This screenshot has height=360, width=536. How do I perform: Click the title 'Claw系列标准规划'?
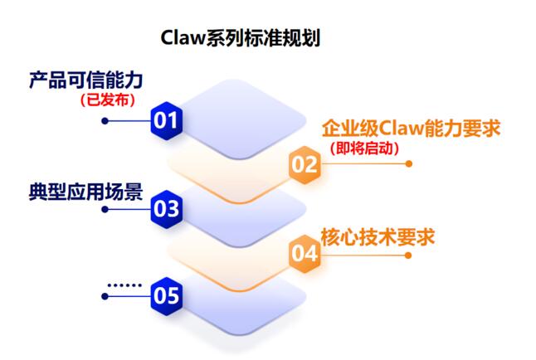click(241, 39)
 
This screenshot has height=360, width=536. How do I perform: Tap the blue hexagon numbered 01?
click(167, 120)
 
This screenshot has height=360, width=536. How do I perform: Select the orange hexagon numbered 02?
click(305, 164)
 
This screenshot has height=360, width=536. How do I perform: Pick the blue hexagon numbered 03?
click(167, 208)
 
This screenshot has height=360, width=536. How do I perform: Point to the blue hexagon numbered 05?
click(167, 294)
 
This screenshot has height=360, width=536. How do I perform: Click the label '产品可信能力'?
click(85, 80)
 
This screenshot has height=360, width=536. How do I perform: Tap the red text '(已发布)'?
click(108, 100)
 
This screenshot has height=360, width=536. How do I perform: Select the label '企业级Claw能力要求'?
click(412, 129)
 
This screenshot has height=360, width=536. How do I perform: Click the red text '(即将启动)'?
click(364, 149)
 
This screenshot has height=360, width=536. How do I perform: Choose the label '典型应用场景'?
click(85, 192)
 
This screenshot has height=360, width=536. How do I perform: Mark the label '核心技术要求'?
click(378, 236)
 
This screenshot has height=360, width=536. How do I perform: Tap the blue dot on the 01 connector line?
click(105, 120)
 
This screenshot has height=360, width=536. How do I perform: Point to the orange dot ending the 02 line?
click(408, 164)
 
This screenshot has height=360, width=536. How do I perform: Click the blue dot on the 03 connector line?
click(105, 208)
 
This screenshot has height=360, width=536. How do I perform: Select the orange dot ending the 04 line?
click(408, 253)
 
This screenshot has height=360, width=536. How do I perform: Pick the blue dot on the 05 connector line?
click(105, 294)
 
